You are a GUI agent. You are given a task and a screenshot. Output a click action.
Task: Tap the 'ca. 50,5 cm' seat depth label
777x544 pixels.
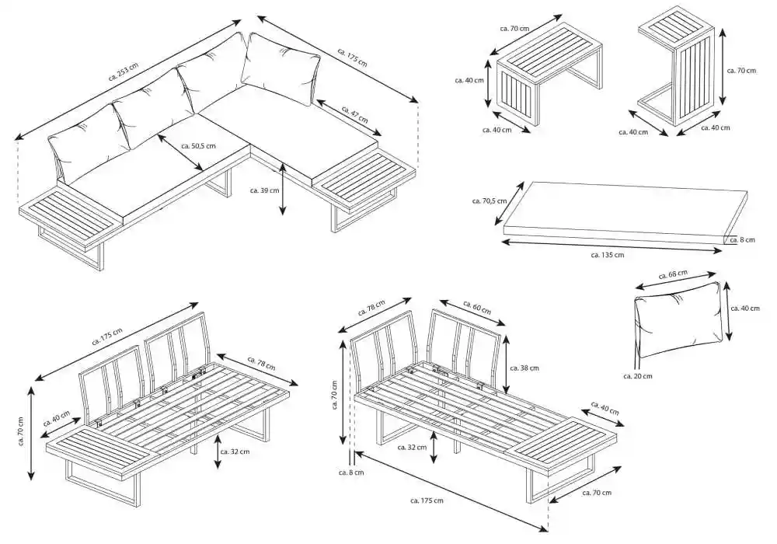(198, 145)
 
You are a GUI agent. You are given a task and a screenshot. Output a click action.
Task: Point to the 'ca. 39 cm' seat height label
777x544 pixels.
(260, 189)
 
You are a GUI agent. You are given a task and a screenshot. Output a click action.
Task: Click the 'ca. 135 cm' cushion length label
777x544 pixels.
(607, 254)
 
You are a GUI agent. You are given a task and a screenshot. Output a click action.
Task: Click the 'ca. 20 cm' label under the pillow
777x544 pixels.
(637, 376)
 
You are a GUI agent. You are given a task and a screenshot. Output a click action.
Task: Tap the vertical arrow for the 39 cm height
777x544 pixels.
(282, 188)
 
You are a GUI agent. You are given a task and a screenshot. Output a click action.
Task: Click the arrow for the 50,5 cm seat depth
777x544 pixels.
(180, 152)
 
